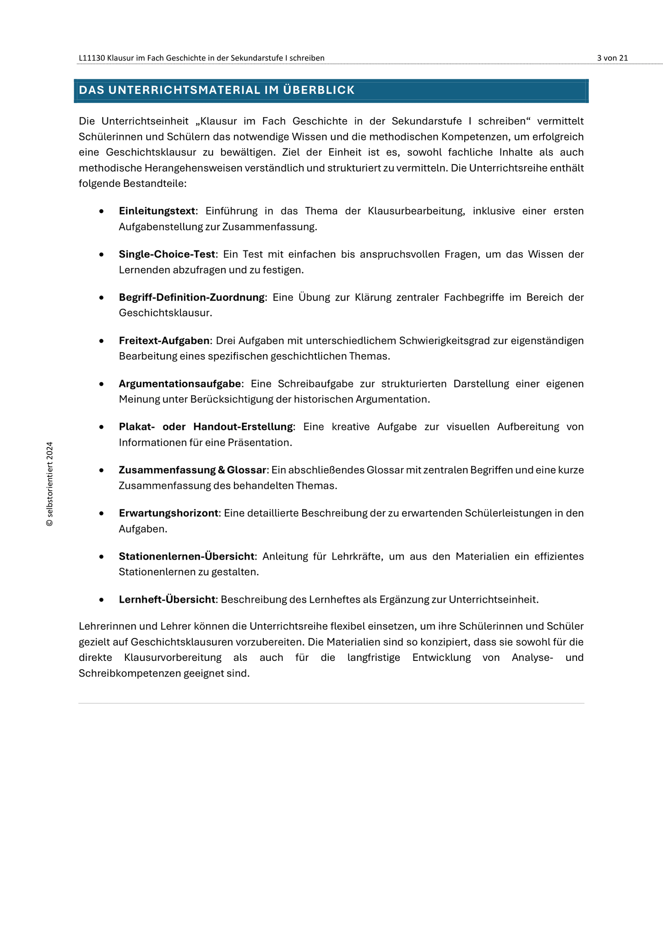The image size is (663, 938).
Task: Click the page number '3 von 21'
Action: pyautogui.click(x=612, y=58)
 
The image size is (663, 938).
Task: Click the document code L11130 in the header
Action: pyautogui.click(x=92, y=58)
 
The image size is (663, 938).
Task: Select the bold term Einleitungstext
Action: pyautogui.click(x=157, y=211)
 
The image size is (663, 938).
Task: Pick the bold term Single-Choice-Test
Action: pyautogui.click(x=167, y=254)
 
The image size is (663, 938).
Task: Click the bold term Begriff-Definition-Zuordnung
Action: pyautogui.click(x=191, y=297)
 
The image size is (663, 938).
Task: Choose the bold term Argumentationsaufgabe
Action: pyautogui.click(x=180, y=384)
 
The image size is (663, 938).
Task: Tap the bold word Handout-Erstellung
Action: pyautogui.click(x=243, y=427)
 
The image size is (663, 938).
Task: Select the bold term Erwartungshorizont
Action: pyautogui.click(x=168, y=513)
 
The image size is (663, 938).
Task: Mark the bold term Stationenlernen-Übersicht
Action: pyautogui.click(x=186, y=556)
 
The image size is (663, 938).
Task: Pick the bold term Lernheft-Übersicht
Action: pyautogui.click(x=167, y=600)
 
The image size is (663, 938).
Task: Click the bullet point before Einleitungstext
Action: pyautogui.click(x=101, y=212)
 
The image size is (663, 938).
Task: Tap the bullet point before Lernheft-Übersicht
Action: pyautogui.click(x=101, y=600)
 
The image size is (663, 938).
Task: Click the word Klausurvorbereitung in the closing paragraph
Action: pyautogui.click(x=173, y=658)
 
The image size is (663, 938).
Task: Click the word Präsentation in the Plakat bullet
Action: pyautogui.click(x=263, y=443)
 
